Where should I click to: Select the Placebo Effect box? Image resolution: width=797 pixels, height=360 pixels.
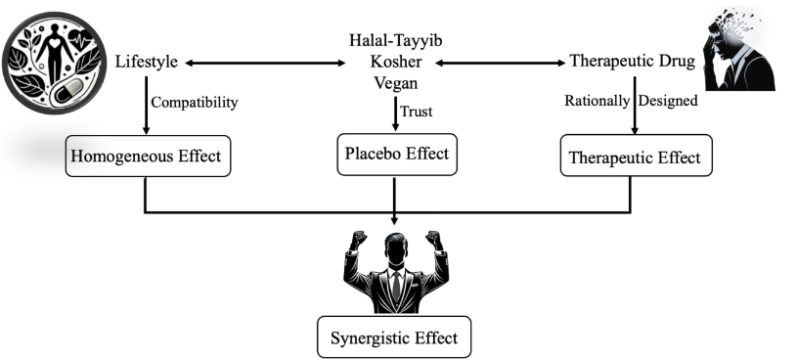[x=396, y=155]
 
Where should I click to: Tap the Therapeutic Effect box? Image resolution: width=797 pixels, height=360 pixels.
[x=637, y=157]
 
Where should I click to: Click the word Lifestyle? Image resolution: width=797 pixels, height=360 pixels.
[x=146, y=62]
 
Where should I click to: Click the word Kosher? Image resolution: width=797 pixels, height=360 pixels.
[x=395, y=61]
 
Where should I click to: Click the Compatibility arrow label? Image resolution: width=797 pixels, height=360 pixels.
[x=195, y=101]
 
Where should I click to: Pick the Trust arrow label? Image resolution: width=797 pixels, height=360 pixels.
[x=416, y=112]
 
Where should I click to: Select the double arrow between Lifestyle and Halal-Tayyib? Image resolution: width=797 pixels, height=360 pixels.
[x=267, y=63]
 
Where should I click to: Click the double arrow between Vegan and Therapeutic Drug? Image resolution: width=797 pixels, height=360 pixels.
[x=499, y=63]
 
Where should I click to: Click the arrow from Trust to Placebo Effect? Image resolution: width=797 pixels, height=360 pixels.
[x=395, y=114]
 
